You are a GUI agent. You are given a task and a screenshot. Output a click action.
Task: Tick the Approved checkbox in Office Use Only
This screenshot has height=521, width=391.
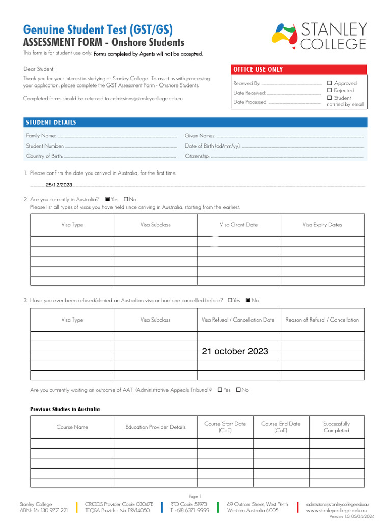tap(330, 83)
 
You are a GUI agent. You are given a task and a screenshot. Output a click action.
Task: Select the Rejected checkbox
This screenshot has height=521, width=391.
tap(330, 90)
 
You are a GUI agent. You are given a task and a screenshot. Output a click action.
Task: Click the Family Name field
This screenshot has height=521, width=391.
tap(117, 136)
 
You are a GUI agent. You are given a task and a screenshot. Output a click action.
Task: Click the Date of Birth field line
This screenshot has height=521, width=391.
tap(302, 146)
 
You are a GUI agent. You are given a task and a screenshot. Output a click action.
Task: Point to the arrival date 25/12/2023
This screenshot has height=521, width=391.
tap(59, 185)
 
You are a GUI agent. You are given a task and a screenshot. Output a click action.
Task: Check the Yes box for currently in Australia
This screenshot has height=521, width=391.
tap(108, 199)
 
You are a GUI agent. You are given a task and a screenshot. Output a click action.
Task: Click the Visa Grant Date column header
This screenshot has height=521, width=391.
tap(239, 225)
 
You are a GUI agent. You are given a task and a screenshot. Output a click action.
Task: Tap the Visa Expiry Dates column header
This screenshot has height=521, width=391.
tap(322, 225)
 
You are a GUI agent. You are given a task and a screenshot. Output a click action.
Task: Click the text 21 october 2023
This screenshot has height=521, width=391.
tap(235, 351)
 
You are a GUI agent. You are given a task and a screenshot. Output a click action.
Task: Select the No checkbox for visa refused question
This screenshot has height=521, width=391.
tap(248, 300)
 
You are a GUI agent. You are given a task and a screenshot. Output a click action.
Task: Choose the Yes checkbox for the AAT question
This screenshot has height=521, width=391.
tap(220, 390)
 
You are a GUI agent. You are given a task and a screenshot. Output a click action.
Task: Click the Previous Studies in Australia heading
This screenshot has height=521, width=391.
tap(65, 409)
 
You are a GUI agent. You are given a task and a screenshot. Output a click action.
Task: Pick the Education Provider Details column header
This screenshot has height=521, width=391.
tap(155, 427)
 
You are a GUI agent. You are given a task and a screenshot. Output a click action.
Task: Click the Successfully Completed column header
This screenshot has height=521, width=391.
tap(337, 427)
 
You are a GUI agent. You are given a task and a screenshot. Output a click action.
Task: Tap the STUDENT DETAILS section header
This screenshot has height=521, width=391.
tap(51, 122)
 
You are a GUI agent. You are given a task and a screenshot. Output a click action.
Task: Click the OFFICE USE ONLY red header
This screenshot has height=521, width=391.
tap(258, 70)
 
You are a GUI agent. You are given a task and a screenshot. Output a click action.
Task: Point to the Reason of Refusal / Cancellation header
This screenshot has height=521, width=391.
tap(322, 320)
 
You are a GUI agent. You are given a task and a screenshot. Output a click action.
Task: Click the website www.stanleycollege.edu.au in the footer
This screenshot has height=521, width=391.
tap(337, 510)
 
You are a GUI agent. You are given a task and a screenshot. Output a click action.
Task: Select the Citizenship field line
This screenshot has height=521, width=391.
tap(287, 156)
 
